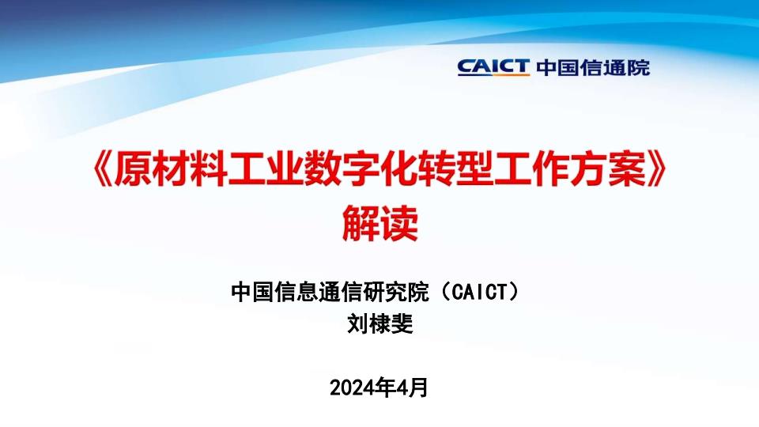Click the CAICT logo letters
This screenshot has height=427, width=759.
(x=493, y=66)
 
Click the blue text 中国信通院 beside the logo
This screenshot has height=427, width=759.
(x=593, y=67)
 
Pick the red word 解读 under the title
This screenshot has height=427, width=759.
(x=380, y=223)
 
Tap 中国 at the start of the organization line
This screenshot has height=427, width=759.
(x=252, y=292)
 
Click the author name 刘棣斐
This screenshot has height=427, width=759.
(x=380, y=323)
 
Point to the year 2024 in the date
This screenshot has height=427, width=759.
(x=351, y=387)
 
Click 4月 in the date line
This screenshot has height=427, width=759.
(x=412, y=387)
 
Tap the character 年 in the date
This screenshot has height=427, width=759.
(x=383, y=387)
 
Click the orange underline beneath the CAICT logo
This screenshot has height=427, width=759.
(x=493, y=76)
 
